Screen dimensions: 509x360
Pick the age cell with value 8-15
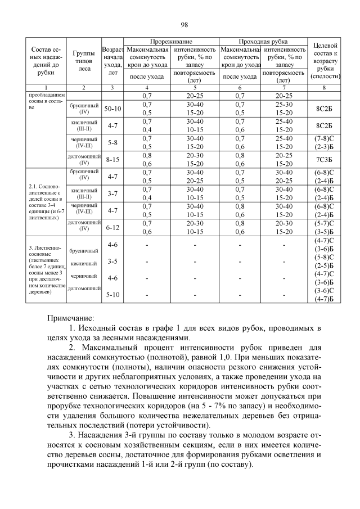click(112, 159)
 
